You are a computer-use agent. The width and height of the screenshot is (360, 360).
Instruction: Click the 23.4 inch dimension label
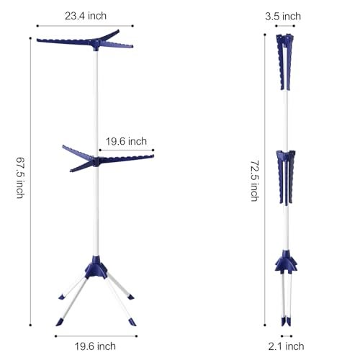coord(86,16)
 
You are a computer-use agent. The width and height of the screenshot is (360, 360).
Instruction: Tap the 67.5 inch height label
coord(20,178)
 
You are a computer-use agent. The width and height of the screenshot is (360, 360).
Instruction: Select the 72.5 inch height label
coord(255,181)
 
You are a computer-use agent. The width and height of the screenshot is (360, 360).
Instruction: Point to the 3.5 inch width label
coord(283,17)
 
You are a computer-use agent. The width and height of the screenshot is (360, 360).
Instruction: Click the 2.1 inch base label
coord(286,346)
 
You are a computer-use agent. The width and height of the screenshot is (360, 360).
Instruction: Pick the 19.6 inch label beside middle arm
coord(126,141)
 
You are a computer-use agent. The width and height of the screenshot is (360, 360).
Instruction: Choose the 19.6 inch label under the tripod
coord(95,346)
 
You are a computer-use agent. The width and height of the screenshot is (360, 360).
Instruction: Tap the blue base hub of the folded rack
coord(286,262)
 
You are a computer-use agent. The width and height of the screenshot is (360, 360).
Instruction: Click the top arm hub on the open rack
coord(96,45)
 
